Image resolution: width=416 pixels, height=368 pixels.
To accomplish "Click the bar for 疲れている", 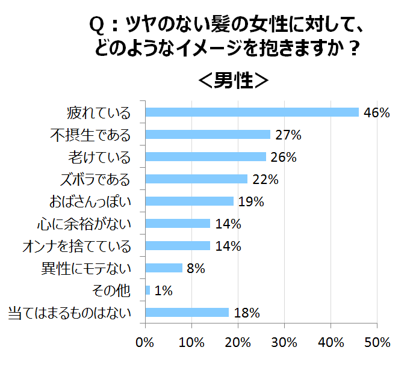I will coord(252,112).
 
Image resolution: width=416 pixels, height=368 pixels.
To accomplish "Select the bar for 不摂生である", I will coord(208,135).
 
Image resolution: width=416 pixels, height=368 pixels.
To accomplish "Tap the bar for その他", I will coord(147,290).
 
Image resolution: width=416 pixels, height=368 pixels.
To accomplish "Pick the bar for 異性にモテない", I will coord(164,268).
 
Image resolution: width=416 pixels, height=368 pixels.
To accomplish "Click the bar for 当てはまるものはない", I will coord(187,313).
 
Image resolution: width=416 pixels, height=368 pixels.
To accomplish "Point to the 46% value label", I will coord(377,112).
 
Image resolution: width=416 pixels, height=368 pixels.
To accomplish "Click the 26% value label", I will coord(284,157).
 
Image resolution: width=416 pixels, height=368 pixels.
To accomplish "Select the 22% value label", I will coord(265,179).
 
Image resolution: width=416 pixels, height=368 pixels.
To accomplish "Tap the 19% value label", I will coord(251,201).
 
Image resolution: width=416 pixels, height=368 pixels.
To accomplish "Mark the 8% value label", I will coord(196,268).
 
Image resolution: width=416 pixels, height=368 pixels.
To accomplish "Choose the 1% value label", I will coord(163,290).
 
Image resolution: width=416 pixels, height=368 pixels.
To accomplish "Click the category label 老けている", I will coord(99,158).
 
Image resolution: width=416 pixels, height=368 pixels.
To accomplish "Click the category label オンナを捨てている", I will coord(76,247).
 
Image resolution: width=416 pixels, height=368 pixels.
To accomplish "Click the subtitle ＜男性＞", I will coord(233,80).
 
